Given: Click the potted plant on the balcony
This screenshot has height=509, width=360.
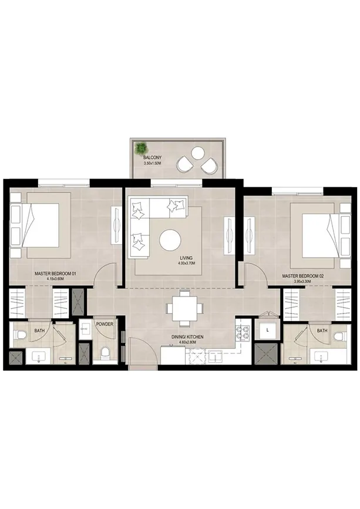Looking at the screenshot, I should pyautogui.click(x=142, y=148).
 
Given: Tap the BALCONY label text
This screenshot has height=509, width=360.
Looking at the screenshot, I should pyautogui.click(x=152, y=158).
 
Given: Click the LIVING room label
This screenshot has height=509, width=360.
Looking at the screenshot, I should pyautogui.click(x=186, y=258).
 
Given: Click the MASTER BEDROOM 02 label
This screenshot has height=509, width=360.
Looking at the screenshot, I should pyautogui.click(x=302, y=275).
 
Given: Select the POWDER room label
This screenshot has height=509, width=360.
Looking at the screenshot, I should pyautogui.click(x=105, y=323).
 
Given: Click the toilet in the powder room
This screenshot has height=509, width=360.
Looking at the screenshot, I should pyautogui.click(x=105, y=353).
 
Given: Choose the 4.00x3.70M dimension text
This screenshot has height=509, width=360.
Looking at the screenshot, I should pyautogui.click(x=186, y=264).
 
